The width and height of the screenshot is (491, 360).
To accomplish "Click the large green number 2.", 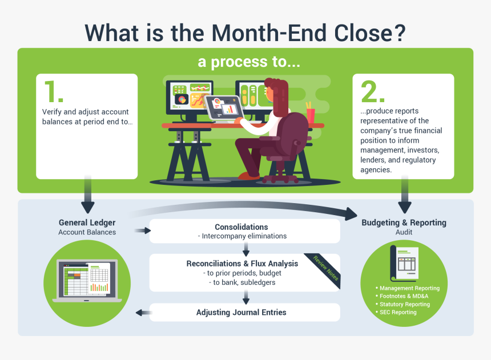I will pyautogui.click(x=373, y=91).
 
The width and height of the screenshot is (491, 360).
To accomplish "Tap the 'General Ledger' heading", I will pyautogui.click(x=87, y=223).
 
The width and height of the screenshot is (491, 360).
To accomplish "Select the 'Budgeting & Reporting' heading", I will pyautogui.click(x=404, y=223).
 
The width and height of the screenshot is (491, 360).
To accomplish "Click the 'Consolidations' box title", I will pyautogui.click(x=242, y=227).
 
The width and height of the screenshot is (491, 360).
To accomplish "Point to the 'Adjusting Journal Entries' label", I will pyautogui.click(x=242, y=312).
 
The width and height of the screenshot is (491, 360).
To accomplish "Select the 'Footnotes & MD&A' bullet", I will pyautogui.click(x=404, y=296).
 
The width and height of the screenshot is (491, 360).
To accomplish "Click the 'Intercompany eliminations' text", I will pyautogui.click(x=244, y=236).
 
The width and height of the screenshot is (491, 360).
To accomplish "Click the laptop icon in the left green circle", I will pyautogui.click(x=87, y=281).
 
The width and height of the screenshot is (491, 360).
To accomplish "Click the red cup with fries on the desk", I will pyautogui.click(x=310, y=114).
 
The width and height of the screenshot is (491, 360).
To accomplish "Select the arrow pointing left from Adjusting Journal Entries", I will pyautogui.click(x=143, y=312).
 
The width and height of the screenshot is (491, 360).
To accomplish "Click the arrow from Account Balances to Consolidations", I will pyautogui.click(x=142, y=231).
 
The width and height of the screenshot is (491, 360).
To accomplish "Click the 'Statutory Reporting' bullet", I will pyautogui.click(x=405, y=304).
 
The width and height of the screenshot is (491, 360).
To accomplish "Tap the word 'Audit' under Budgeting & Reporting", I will pyautogui.click(x=404, y=232).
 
